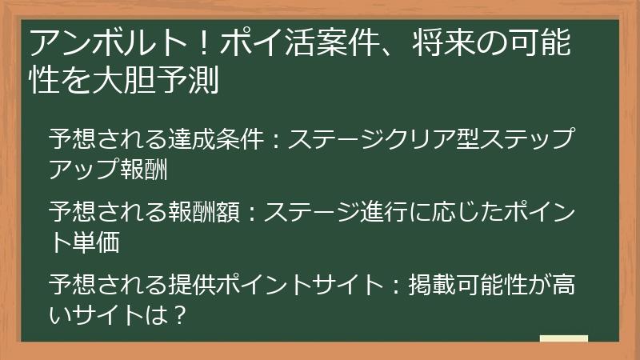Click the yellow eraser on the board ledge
pyautogui.click(x=563, y=338)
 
